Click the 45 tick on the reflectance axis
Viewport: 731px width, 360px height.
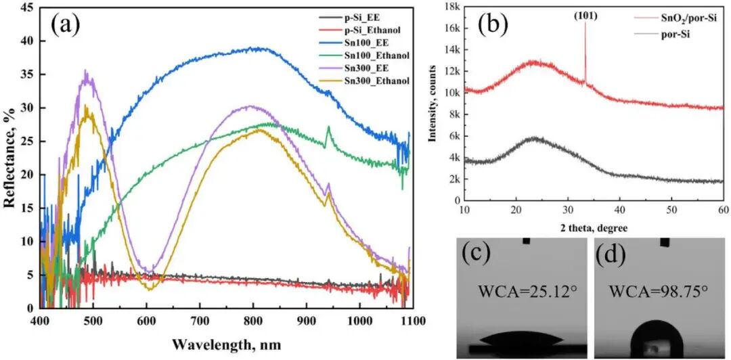tap(26, 7)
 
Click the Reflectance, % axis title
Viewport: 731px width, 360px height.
tap(9, 158)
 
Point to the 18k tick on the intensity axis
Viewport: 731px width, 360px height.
tap(450, 7)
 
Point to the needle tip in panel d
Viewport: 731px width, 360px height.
tap(665, 246)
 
